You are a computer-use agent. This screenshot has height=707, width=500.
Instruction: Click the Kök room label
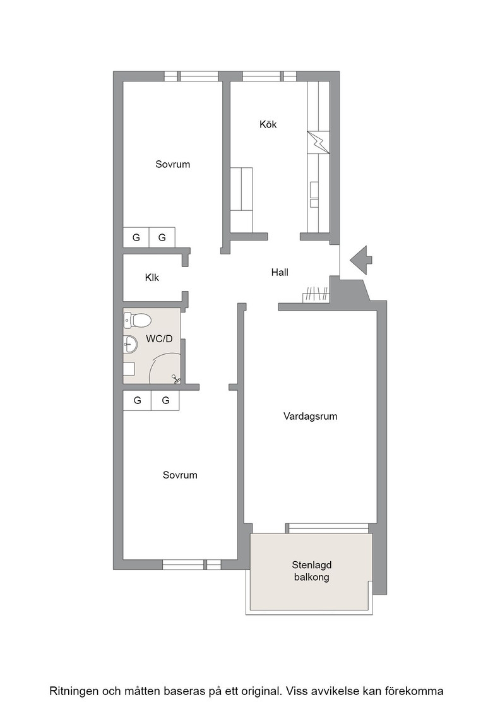click(268, 124)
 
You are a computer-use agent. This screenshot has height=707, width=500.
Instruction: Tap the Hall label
click(280, 272)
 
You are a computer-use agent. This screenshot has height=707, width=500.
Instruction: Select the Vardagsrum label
click(310, 416)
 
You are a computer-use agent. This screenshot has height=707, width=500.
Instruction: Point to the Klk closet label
click(152, 278)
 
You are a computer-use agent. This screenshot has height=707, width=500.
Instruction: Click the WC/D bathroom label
click(159, 338)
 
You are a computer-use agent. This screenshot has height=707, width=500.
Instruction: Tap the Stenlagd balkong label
click(311, 571)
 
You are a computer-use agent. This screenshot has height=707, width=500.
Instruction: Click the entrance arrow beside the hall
click(360, 260)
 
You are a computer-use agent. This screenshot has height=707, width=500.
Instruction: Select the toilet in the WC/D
click(136, 321)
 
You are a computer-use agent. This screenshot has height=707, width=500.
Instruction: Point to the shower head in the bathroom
click(176, 379)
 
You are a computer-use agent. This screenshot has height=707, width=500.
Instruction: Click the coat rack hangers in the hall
click(316, 294)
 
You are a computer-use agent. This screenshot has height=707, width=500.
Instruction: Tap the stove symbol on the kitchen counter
click(318, 143)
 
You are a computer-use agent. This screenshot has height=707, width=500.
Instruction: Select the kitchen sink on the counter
click(314, 195)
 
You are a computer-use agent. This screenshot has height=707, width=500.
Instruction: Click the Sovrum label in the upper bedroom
click(173, 165)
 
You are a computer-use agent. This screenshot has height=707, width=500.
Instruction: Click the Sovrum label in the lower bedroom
click(180, 475)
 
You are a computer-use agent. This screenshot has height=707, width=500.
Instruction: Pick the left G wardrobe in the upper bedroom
click(136, 237)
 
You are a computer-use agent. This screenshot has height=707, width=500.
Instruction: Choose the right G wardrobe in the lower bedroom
click(165, 400)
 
